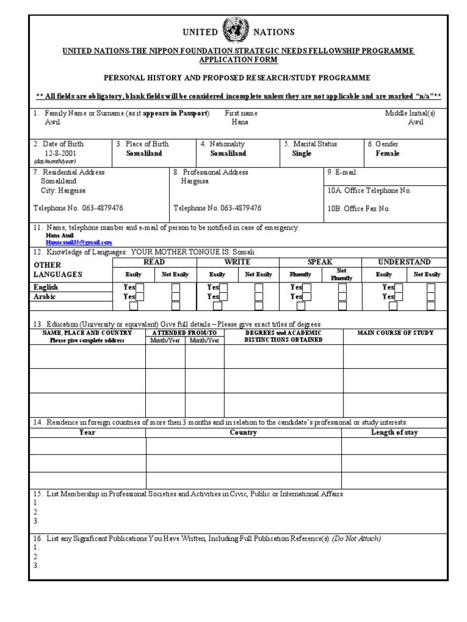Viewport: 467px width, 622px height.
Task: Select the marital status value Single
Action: click(x=302, y=154)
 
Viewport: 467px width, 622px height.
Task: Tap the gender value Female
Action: click(x=387, y=154)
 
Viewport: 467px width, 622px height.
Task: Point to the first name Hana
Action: click(x=240, y=122)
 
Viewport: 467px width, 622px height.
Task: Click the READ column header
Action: click(x=154, y=262)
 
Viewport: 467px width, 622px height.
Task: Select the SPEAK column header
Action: click(x=320, y=262)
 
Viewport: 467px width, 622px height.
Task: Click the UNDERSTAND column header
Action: click(x=404, y=262)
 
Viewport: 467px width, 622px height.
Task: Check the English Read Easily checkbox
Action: click(x=140, y=287)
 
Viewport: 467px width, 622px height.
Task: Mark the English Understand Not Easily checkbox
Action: click(x=431, y=287)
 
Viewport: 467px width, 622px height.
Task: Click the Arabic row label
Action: click(x=44, y=297)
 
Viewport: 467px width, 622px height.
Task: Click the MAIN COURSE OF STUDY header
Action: click(x=395, y=333)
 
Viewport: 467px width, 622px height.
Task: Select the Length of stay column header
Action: click(x=394, y=432)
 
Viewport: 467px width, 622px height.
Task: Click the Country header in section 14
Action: click(x=243, y=432)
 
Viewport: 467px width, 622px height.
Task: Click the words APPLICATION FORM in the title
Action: click(x=238, y=60)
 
